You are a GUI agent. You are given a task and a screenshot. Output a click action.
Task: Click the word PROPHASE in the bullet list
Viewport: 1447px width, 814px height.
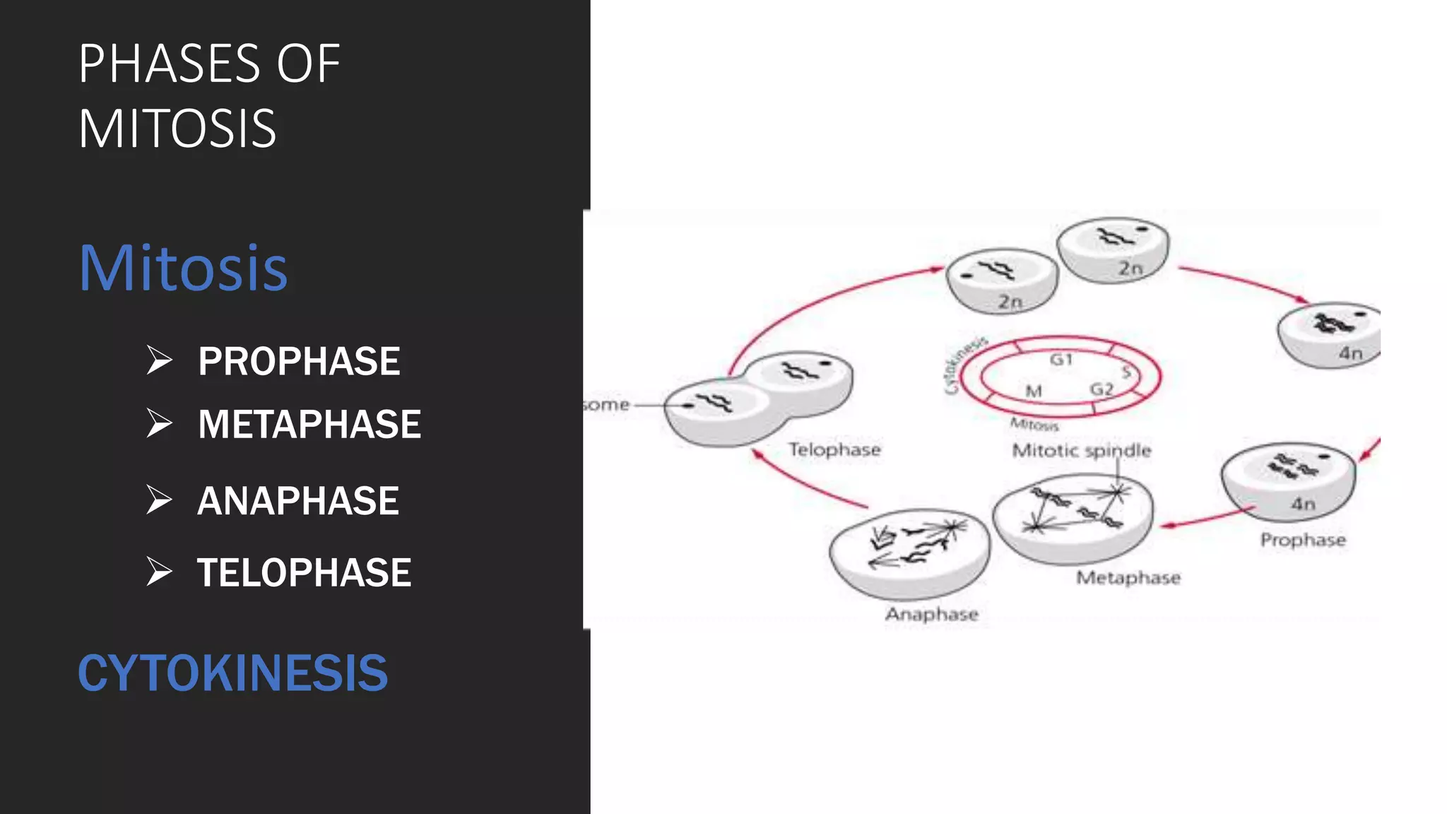[x=299, y=362]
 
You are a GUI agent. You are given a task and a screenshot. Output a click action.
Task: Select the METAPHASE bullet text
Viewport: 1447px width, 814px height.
[x=309, y=425]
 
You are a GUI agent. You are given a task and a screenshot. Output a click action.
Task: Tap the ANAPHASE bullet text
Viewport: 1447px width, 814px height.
[x=298, y=501]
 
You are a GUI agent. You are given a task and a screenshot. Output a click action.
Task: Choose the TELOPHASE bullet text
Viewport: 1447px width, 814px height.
[x=304, y=572]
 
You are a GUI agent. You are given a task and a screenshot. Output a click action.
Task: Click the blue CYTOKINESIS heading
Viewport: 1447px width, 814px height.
[x=232, y=673]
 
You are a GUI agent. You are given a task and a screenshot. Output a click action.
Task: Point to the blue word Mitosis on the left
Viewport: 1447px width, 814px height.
[x=183, y=268]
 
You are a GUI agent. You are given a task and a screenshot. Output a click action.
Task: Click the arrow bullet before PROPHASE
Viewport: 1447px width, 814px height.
[x=159, y=360]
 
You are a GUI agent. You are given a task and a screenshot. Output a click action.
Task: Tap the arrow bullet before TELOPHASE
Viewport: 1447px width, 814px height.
[x=159, y=572]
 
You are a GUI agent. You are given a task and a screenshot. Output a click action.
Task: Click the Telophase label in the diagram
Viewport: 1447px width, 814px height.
[x=834, y=449]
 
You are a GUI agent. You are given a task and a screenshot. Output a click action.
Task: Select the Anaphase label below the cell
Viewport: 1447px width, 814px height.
[x=932, y=614]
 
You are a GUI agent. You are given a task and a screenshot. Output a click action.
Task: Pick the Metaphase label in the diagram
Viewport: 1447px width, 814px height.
[x=1128, y=578]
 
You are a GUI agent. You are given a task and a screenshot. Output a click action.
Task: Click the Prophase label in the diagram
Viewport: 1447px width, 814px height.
[x=1303, y=540]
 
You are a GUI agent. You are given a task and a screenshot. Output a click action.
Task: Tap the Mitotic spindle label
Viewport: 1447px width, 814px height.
[x=1081, y=451]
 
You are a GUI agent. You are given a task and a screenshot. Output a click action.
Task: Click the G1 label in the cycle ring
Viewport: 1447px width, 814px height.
[x=1061, y=360]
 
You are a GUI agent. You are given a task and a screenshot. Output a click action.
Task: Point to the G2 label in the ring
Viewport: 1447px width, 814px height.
[x=1102, y=389]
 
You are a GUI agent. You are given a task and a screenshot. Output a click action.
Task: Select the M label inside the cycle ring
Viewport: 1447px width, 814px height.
[x=1034, y=391]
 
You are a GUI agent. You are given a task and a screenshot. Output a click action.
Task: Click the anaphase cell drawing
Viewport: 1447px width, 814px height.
[x=909, y=553]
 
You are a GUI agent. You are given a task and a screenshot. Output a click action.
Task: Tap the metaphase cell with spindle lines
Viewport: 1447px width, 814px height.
[x=1073, y=518]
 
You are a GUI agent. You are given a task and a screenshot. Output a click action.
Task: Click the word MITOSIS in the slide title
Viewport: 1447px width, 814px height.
[x=177, y=129]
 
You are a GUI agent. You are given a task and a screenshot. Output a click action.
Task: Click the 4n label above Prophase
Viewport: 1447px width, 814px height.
[x=1303, y=504]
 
